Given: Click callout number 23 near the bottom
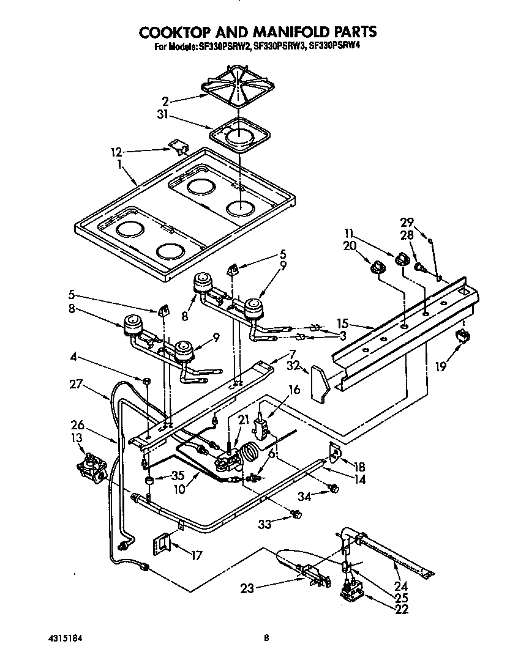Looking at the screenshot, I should [x=246, y=589].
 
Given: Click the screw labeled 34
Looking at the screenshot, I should [x=334, y=487].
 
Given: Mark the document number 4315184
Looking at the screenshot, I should [x=64, y=638].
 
